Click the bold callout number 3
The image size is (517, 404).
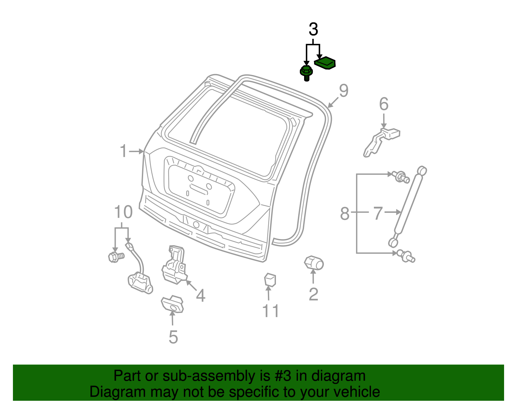click(x=313, y=30)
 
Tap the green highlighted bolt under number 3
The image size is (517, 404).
click(x=306, y=73)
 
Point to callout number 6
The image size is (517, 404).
click(x=384, y=104)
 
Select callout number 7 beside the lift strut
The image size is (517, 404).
click(x=378, y=213)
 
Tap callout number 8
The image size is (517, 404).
click(x=345, y=214)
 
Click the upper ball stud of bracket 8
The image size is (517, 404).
click(x=401, y=177)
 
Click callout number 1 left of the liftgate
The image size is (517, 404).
click(x=124, y=151)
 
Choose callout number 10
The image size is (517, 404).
click(x=123, y=212)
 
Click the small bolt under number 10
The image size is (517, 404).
click(x=115, y=257)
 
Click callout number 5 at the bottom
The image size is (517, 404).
click(x=173, y=337)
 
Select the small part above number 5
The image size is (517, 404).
click(x=173, y=304)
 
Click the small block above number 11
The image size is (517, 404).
click(x=270, y=280)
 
